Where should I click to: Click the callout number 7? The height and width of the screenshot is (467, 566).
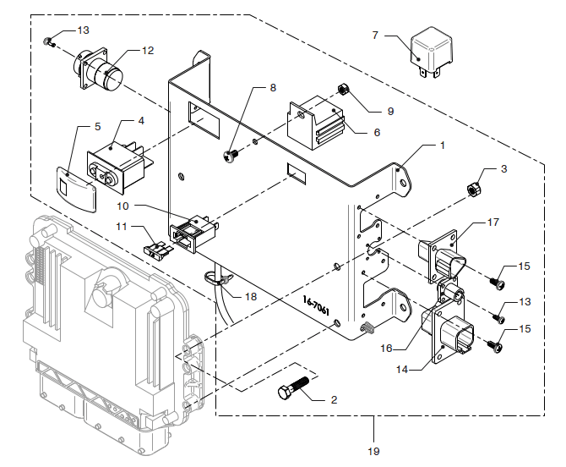click(x=375, y=35)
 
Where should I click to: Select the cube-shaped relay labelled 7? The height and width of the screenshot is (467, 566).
click(x=431, y=52)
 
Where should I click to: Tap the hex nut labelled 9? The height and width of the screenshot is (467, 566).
click(x=343, y=89)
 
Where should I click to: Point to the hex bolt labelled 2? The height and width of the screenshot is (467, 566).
click(x=293, y=387)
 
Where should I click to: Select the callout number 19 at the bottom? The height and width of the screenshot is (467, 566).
click(x=373, y=451)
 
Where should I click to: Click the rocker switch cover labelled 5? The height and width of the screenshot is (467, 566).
click(x=77, y=190)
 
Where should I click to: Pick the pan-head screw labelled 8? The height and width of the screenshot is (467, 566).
click(x=230, y=157)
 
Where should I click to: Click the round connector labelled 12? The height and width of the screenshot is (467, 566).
click(x=97, y=71)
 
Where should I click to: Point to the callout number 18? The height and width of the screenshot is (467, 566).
click(x=251, y=297)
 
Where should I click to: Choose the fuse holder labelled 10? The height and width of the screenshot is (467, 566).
click(x=194, y=233)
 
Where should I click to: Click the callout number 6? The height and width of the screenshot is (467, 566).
click(x=377, y=133)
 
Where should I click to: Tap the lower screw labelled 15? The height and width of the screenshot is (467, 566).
click(x=494, y=347)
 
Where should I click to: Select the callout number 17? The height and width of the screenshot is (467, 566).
click(x=493, y=223)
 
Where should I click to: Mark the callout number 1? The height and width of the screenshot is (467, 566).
click(x=443, y=146)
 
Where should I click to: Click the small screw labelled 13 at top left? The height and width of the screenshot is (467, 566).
click(x=48, y=42)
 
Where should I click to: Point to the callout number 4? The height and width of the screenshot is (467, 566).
click(x=141, y=121)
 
